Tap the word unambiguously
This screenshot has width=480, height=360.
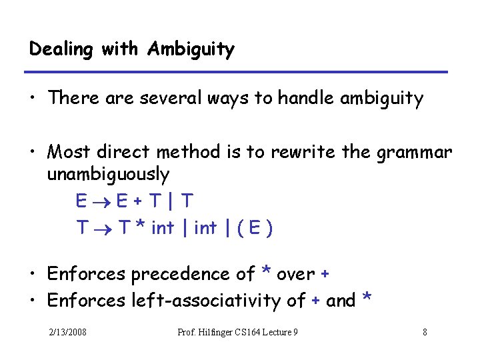pos(108,175)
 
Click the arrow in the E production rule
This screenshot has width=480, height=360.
pos(101,201)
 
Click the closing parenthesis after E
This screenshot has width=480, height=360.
pos(268,228)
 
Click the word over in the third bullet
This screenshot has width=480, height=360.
pos(296,274)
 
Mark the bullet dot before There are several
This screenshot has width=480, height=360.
pos(33,99)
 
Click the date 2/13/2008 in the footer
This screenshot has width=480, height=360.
pos(67,332)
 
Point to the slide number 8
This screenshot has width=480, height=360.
pos(425,332)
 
